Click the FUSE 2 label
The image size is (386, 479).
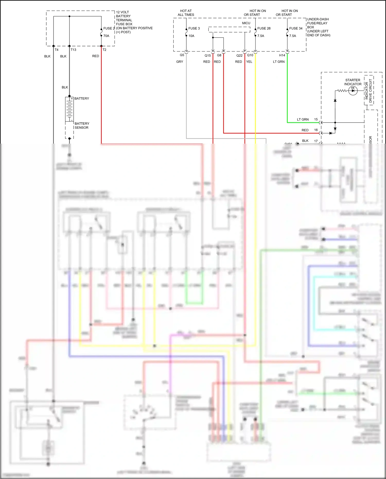(109, 28)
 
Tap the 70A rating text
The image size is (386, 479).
(106, 36)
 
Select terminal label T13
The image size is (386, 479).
(73, 50)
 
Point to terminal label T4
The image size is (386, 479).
(56, 50)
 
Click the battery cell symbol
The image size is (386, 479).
(69, 109)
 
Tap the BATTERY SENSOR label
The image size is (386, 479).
(82, 126)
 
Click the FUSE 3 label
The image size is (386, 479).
(194, 28)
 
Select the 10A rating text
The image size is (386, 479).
(191, 36)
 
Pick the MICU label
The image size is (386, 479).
(246, 23)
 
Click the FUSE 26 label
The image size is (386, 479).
(264, 28)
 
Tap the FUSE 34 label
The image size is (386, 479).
(296, 28)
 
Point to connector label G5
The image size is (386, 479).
(182, 55)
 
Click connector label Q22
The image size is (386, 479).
(239, 55)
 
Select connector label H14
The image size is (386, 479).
(282, 55)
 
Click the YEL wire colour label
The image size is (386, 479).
(249, 62)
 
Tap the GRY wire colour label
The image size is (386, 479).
(180, 62)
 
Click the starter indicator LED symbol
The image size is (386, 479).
(353, 91)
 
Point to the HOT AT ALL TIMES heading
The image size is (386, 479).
(186, 13)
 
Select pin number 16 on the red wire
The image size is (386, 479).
(316, 130)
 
